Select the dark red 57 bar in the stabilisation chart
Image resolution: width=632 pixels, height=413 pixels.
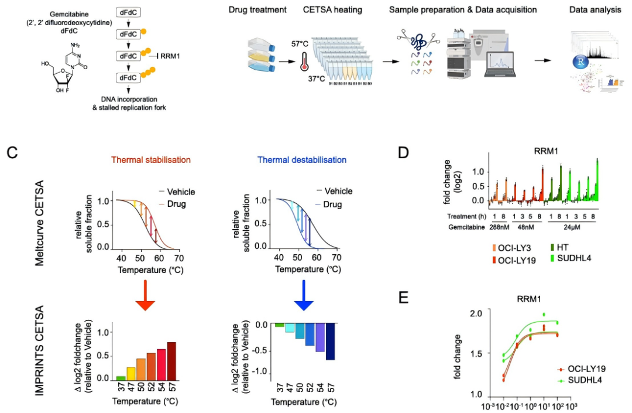[171, 360]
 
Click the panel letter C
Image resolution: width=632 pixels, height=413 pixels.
[12, 153]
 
